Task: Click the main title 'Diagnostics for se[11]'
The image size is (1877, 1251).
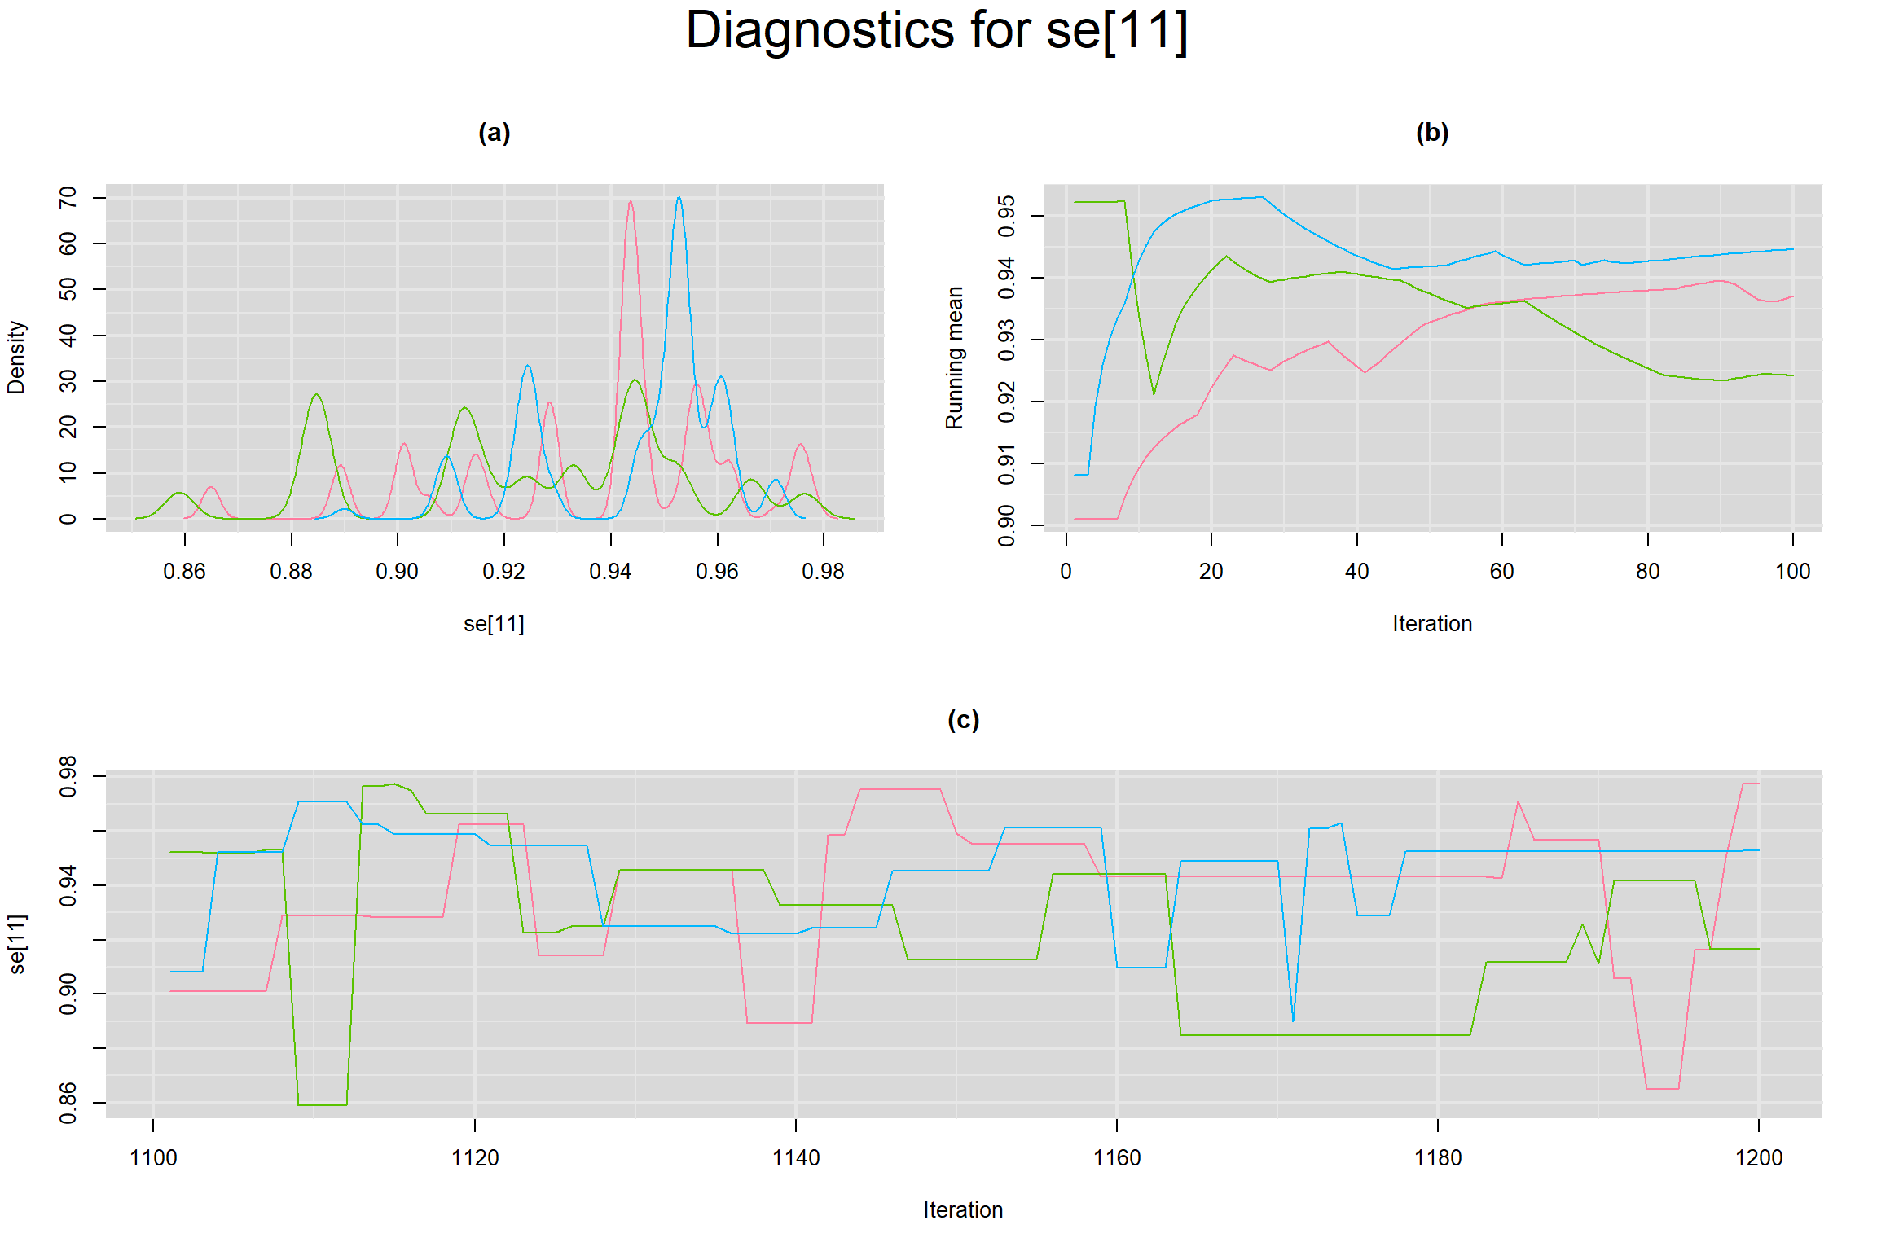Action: click(937, 31)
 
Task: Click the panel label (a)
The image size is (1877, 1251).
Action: click(494, 133)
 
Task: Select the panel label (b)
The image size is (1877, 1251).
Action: click(1431, 133)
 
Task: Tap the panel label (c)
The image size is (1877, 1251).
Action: click(963, 720)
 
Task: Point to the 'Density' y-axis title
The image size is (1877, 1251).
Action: click(16, 357)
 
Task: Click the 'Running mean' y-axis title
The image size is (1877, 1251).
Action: click(954, 357)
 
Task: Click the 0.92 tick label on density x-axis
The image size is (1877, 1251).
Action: click(503, 572)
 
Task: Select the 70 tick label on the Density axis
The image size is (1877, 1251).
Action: click(68, 197)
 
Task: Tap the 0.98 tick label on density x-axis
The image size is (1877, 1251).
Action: click(823, 572)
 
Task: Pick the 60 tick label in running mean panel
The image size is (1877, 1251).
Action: click(1501, 572)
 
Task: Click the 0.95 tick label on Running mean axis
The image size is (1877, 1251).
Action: click(1007, 216)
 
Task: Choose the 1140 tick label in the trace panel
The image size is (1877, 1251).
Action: click(795, 1158)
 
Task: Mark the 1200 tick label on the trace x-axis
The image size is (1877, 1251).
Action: click(1759, 1158)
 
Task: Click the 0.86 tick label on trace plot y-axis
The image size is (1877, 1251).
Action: click(68, 1103)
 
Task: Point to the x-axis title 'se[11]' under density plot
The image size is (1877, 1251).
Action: click(494, 624)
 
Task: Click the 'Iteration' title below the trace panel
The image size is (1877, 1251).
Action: click(963, 1210)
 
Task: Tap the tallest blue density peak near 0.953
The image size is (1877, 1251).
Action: click(679, 198)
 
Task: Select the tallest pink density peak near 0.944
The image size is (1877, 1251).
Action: click(631, 202)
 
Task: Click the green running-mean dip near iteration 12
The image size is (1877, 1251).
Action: click(1154, 394)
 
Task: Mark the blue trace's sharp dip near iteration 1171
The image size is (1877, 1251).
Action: click(1293, 1021)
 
